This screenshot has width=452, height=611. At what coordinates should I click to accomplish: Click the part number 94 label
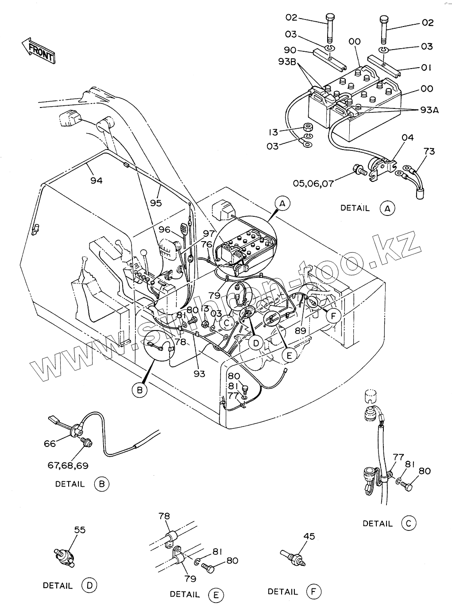96,180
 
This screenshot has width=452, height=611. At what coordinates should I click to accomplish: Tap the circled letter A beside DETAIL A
387,208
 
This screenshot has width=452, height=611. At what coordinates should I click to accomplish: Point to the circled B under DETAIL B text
101,484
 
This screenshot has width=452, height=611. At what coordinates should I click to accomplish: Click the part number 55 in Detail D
80,530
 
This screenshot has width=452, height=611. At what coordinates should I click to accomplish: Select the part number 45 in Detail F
309,536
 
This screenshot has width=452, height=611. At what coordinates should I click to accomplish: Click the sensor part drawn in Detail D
65,555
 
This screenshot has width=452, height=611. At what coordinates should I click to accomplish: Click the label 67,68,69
68,465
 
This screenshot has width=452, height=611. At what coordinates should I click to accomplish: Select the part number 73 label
429,151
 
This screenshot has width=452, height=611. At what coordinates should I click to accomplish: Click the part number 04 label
407,138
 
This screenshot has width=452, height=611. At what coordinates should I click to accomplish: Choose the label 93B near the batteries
287,61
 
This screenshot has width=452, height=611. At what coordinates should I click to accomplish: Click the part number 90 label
290,50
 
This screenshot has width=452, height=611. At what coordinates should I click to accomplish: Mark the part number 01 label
426,67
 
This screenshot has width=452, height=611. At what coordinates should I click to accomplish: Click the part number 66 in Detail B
50,443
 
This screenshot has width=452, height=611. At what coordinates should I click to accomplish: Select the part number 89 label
301,330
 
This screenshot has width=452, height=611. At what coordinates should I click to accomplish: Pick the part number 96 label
165,230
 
